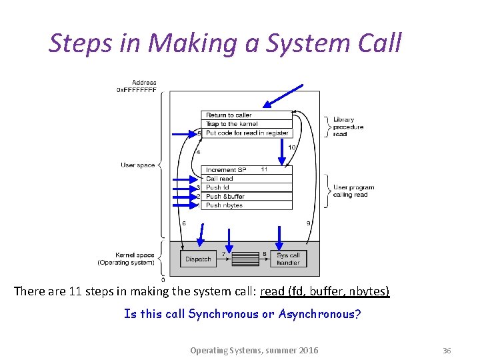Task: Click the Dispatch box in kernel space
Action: point(198,259)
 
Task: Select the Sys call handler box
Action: point(288,259)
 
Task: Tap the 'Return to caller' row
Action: point(246,115)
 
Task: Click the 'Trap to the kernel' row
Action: point(246,124)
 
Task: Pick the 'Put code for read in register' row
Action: point(246,133)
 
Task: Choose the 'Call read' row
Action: point(246,179)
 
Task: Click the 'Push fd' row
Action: point(246,187)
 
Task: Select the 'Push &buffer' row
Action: point(246,196)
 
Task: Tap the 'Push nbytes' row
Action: point(246,205)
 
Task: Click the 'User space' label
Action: point(137,165)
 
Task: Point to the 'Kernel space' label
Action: point(135,255)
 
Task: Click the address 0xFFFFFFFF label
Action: point(137,89)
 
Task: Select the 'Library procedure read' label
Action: point(348,127)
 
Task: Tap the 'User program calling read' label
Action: point(353,191)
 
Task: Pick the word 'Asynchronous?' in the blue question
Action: point(319,314)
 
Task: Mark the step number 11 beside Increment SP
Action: point(265,169)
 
